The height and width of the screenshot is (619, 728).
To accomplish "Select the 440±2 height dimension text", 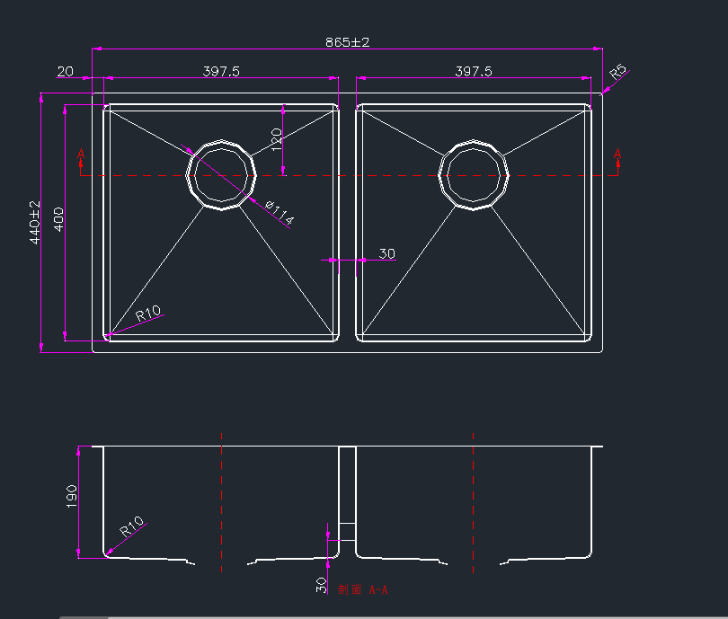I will click(x=36, y=222).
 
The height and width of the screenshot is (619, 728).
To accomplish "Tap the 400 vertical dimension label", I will click(x=58, y=219).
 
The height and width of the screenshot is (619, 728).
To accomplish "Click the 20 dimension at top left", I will click(x=65, y=71).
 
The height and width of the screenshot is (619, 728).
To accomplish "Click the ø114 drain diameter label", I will click(x=280, y=213).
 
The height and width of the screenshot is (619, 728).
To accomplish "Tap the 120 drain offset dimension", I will click(x=277, y=137).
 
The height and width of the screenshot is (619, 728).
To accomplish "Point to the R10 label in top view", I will click(x=148, y=314).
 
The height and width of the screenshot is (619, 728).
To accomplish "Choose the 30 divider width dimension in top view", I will click(x=386, y=254).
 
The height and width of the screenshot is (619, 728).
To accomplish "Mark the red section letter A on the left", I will click(x=81, y=155).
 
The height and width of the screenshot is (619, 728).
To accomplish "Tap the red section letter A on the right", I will click(x=617, y=155).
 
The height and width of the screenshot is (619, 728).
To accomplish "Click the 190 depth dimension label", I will click(x=72, y=496).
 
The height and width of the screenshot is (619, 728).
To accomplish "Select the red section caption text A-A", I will click(x=363, y=590).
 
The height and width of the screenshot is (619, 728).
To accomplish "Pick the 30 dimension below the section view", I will click(x=321, y=586).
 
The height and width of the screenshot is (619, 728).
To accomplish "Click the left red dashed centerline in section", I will click(x=221, y=503).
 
